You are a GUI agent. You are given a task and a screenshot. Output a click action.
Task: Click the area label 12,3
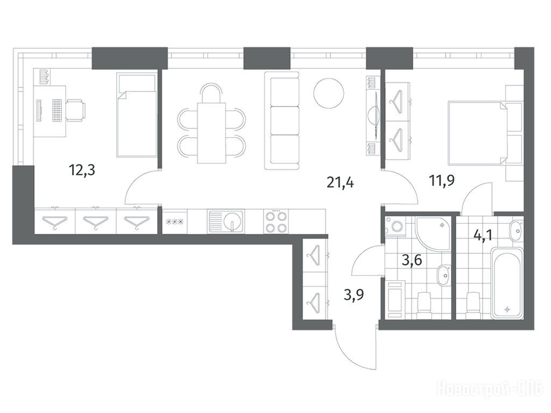(x=82, y=171)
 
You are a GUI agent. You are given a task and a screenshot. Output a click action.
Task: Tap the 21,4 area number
(x=340, y=183)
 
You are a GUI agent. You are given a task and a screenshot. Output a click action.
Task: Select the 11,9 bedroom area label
(x=441, y=181)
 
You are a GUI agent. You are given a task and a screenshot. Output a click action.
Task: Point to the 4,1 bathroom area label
(x=483, y=234)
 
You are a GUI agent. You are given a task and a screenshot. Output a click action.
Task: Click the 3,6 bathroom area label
(x=412, y=261)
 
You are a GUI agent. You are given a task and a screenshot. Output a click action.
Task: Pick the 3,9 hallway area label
(x=354, y=295)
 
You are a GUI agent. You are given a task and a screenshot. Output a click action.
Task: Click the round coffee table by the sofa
(x=329, y=93)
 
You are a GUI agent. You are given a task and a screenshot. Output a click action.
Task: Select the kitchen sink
(x=225, y=221)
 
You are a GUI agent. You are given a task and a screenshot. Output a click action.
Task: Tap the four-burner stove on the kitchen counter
(x=276, y=221)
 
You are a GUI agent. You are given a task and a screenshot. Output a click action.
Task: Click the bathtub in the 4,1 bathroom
(x=507, y=283)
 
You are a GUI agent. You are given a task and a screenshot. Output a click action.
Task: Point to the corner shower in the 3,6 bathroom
(x=433, y=233)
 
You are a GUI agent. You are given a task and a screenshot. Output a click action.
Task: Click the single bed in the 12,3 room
(x=136, y=115)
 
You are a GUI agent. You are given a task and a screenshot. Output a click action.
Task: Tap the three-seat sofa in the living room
(x=285, y=120)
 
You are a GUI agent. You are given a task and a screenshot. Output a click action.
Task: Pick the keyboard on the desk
(x=57, y=110)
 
